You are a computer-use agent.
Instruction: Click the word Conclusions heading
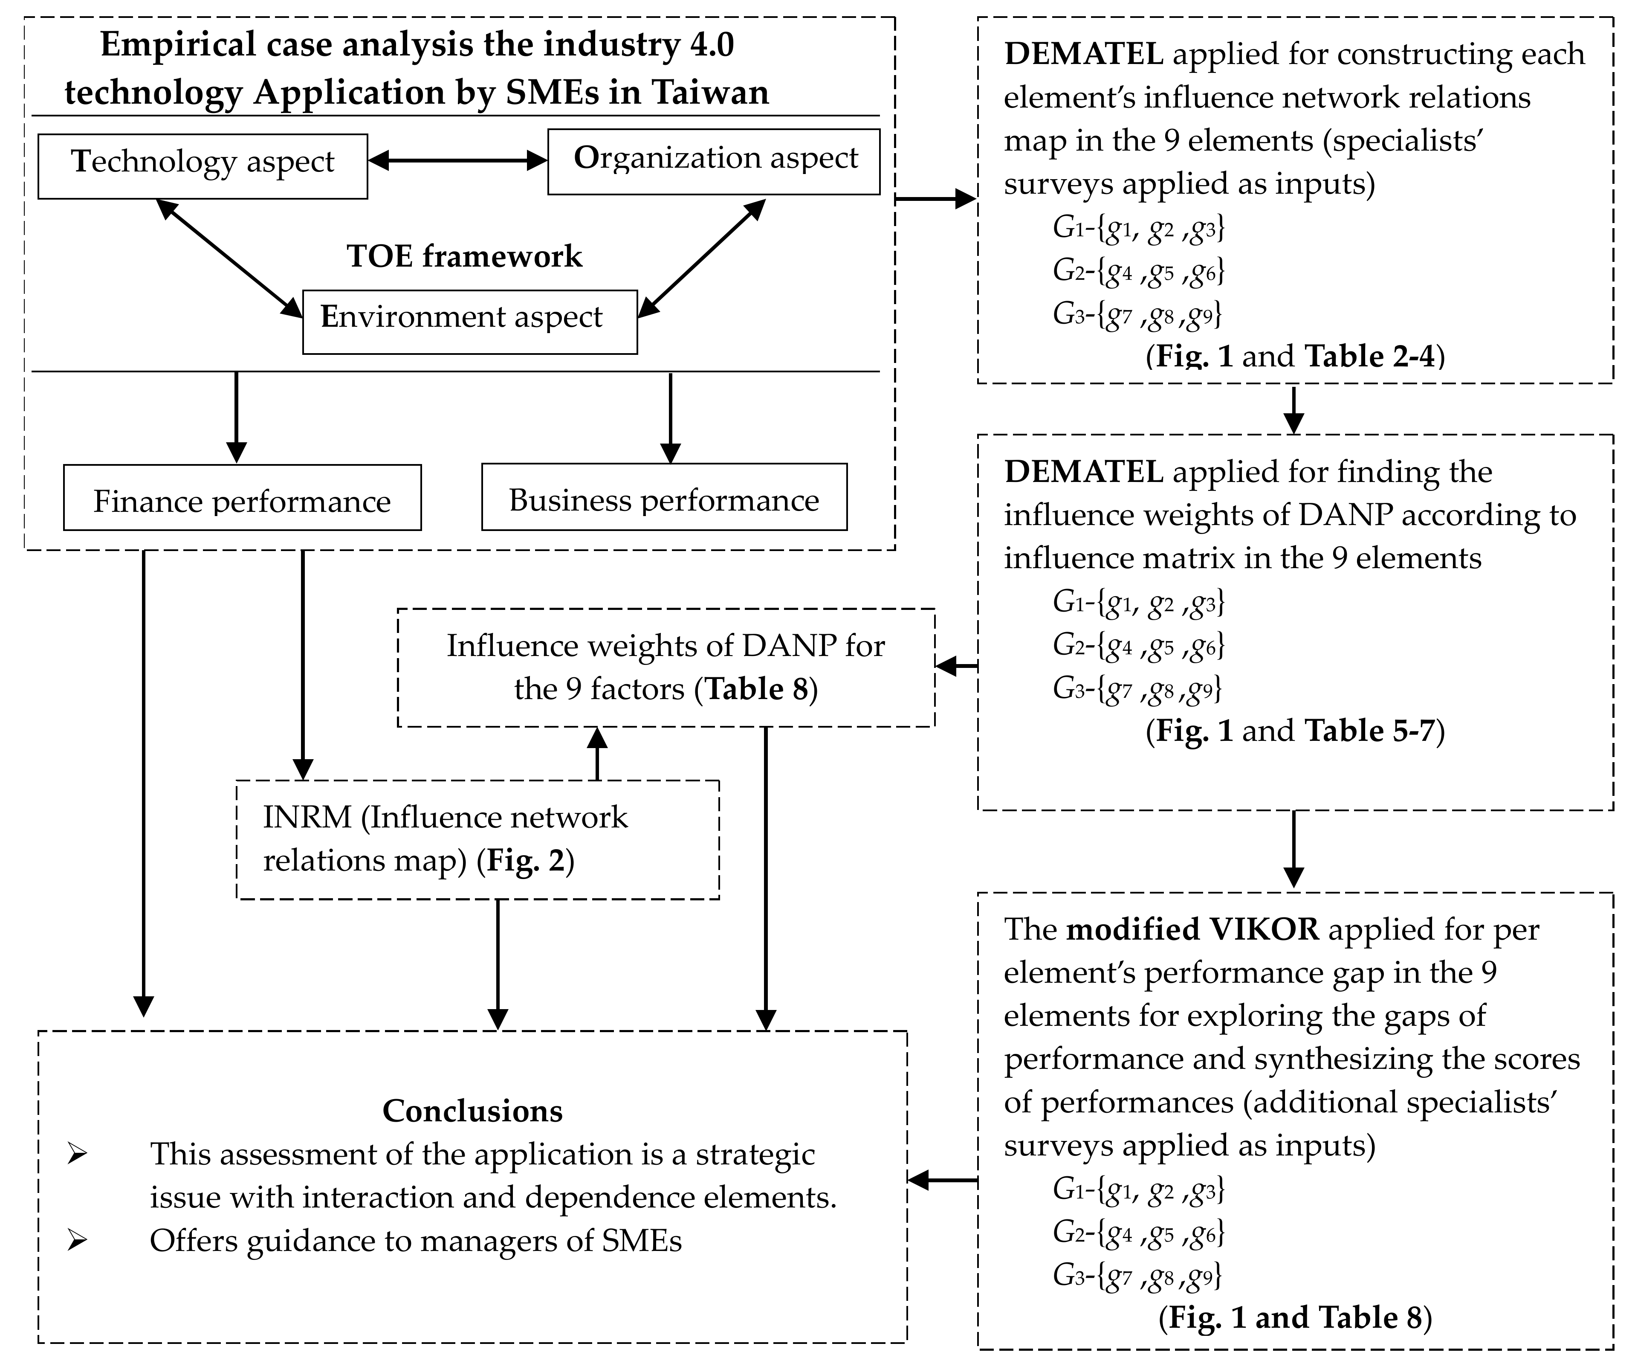(x=472, y=1111)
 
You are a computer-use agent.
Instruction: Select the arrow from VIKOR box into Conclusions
(x=942, y=1180)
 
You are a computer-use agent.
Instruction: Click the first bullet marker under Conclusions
(x=77, y=1154)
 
